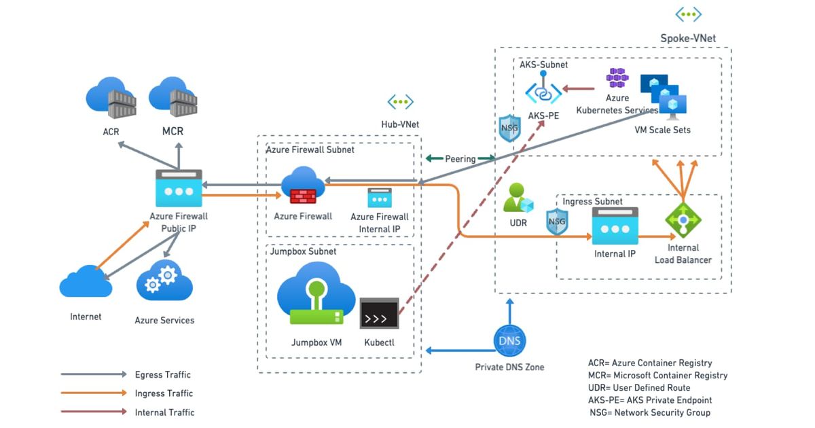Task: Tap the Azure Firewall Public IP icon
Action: (x=179, y=188)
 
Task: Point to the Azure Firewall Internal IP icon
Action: (x=380, y=198)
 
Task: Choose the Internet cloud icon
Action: (x=86, y=282)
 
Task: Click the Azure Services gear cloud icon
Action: (x=164, y=283)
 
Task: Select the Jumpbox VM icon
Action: (x=316, y=293)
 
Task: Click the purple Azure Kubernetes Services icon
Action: (x=617, y=79)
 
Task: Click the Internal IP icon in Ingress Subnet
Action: (x=615, y=226)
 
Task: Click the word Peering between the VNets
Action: (x=460, y=159)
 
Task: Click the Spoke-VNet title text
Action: (x=688, y=39)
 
